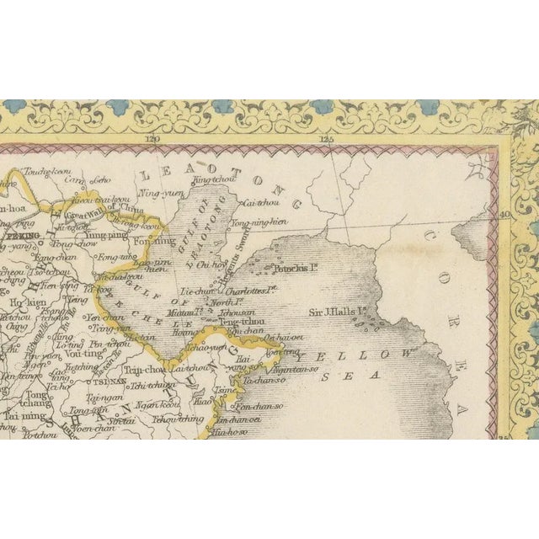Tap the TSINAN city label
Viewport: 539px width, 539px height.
click(x=110, y=380)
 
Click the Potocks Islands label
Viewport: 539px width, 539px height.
click(x=291, y=270)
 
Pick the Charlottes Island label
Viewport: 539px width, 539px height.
click(x=252, y=291)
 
